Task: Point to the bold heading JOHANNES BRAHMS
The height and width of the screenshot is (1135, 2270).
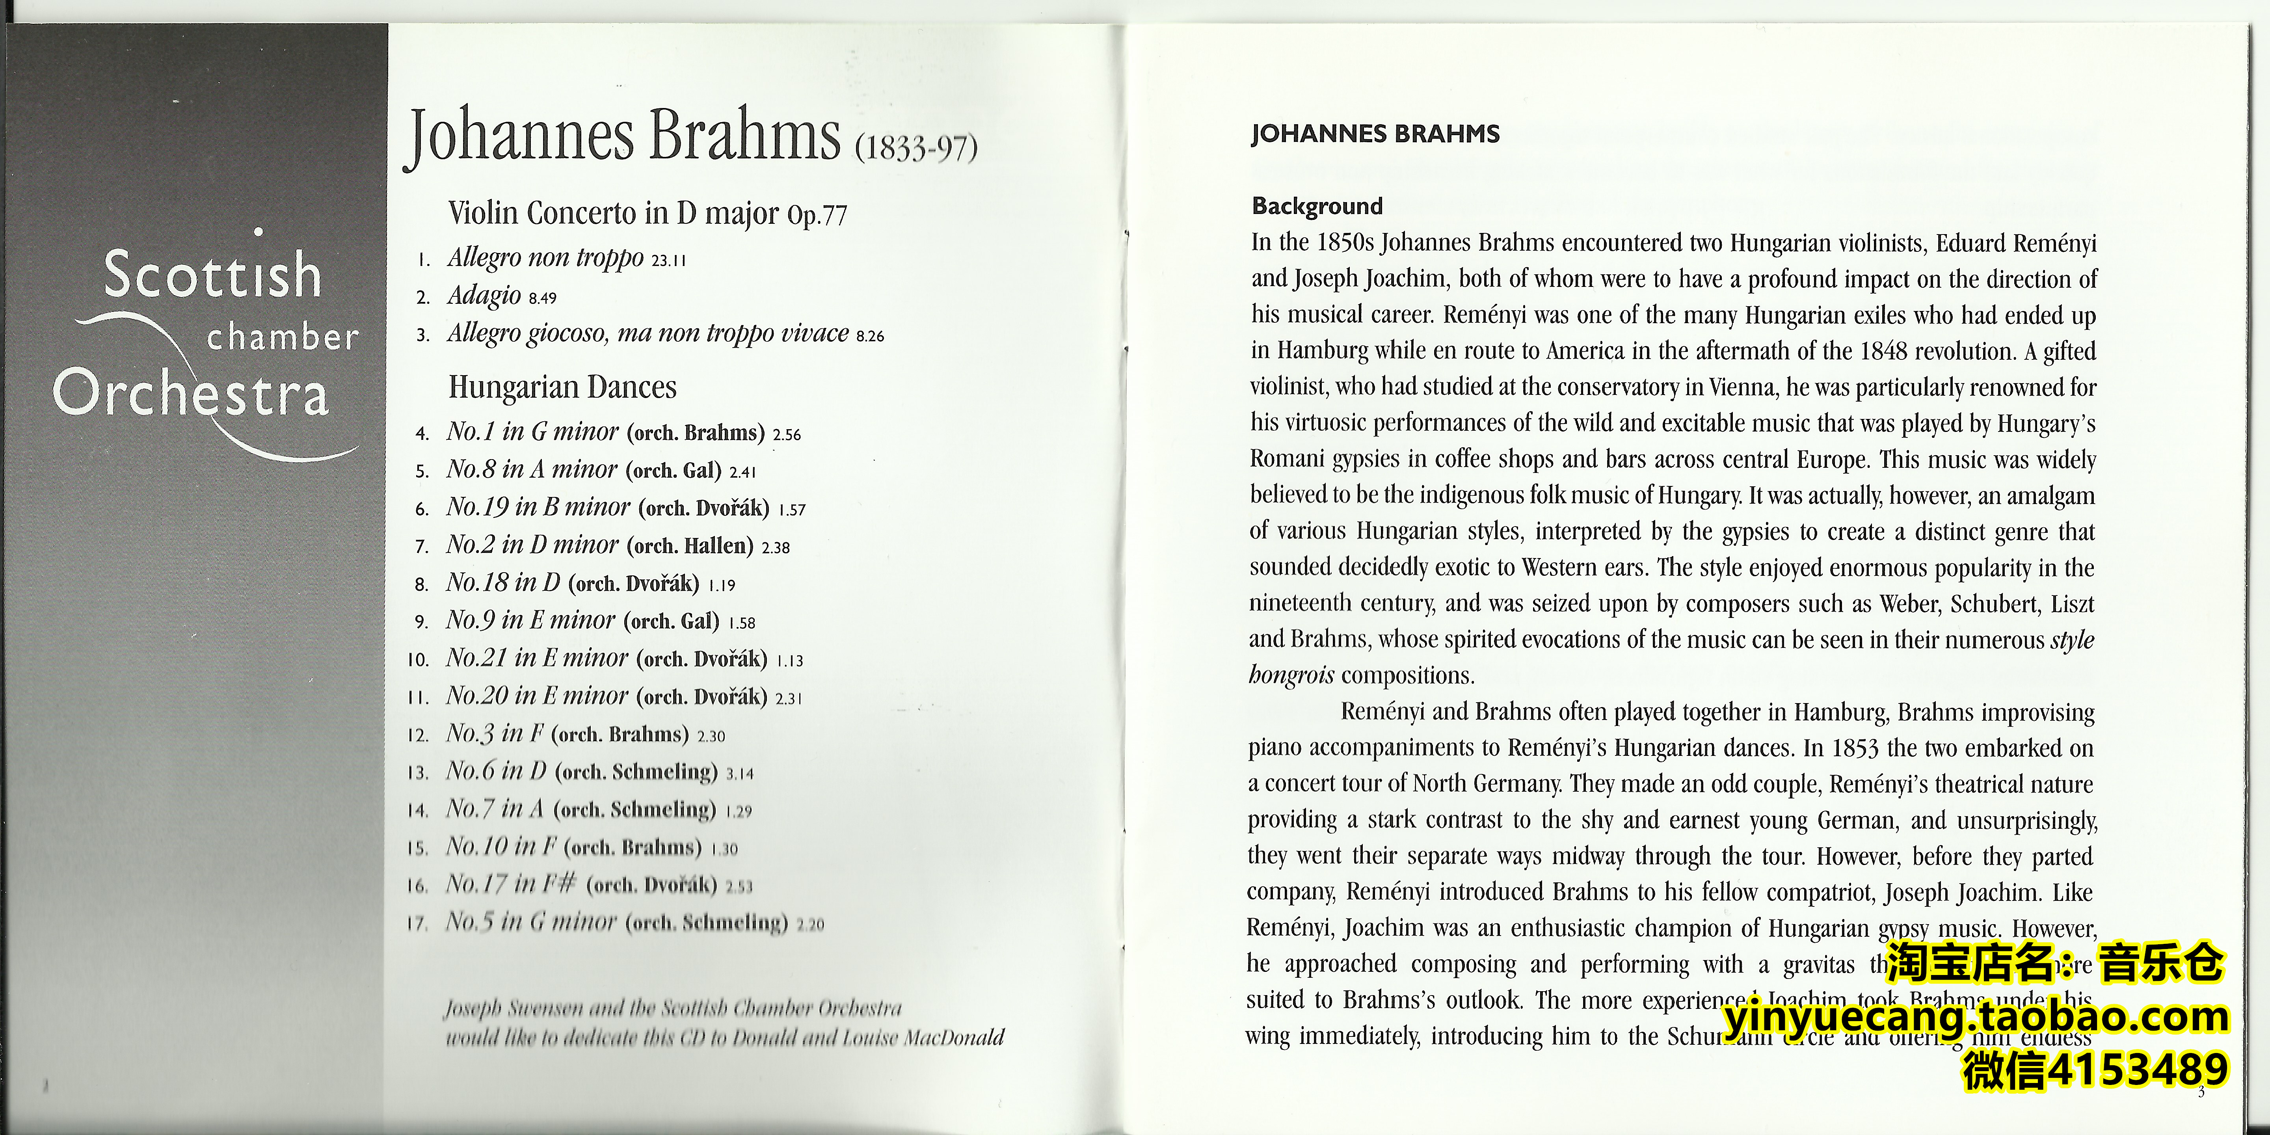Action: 1375,134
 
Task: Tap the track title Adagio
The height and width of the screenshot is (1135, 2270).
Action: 484,295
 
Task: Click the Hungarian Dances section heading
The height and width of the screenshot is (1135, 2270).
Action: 562,387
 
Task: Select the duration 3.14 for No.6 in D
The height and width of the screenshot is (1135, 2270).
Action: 739,774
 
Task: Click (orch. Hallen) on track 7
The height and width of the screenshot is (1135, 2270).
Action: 690,545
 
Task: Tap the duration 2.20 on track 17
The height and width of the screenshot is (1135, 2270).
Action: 810,925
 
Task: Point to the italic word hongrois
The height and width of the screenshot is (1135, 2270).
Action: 1291,676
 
